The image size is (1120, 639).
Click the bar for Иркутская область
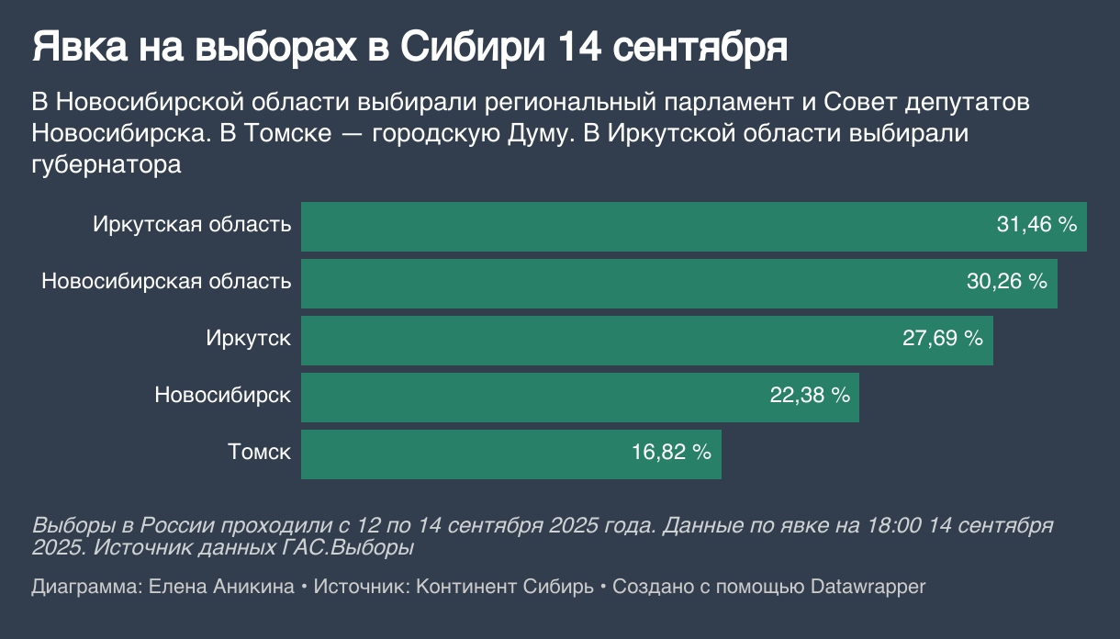(x=643, y=226)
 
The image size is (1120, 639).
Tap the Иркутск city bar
(x=597, y=341)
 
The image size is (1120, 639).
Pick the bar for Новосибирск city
(x=532, y=398)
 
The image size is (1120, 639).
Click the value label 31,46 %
(x=1036, y=225)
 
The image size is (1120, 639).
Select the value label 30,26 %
(x=1007, y=282)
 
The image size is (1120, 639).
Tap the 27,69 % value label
(x=943, y=339)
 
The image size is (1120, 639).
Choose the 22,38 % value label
(x=809, y=396)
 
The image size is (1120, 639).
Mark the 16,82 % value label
(x=672, y=453)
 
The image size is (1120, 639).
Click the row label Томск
(x=260, y=453)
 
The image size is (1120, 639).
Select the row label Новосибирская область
(x=166, y=282)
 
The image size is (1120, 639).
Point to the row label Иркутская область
(x=192, y=225)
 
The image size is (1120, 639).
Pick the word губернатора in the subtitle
(x=106, y=165)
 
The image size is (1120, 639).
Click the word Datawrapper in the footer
(x=868, y=587)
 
